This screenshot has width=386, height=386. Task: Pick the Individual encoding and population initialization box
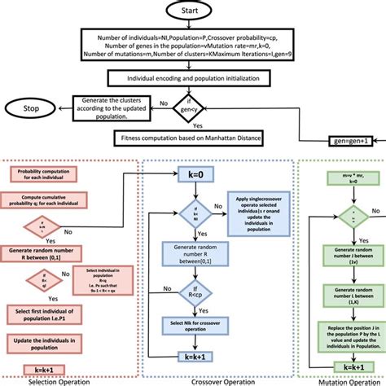pyautogui.click(x=192, y=78)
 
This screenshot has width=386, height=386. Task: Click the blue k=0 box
pyautogui.click(x=193, y=173)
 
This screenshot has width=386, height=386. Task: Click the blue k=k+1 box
pyautogui.click(x=193, y=356)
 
